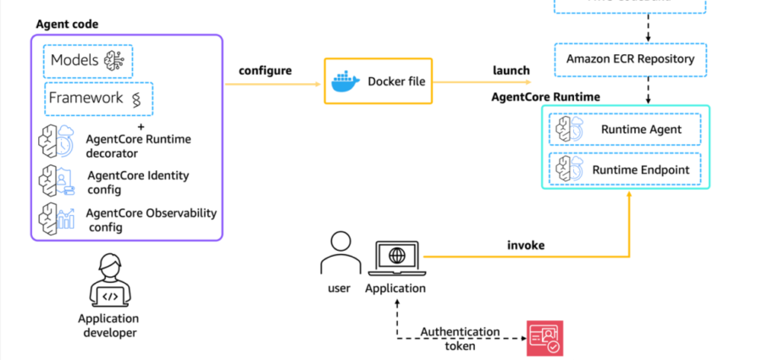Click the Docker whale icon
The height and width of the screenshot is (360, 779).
coord(343,81)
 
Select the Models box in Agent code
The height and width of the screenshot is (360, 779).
coord(88,60)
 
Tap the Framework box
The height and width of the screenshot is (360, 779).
coord(99,99)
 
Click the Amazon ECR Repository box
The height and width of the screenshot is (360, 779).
coord(631,58)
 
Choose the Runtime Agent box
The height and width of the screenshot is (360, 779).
coord(625,130)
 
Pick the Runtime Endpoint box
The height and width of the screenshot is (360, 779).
coord(625,169)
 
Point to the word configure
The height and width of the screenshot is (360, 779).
coord(265,69)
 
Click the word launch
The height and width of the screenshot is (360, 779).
coord(511,69)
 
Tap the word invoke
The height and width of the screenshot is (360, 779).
coord(526,246)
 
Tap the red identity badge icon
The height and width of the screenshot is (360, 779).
coord(544,338)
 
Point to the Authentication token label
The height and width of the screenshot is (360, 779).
coord(461,338)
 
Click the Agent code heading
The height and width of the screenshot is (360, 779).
coord(67,24)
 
